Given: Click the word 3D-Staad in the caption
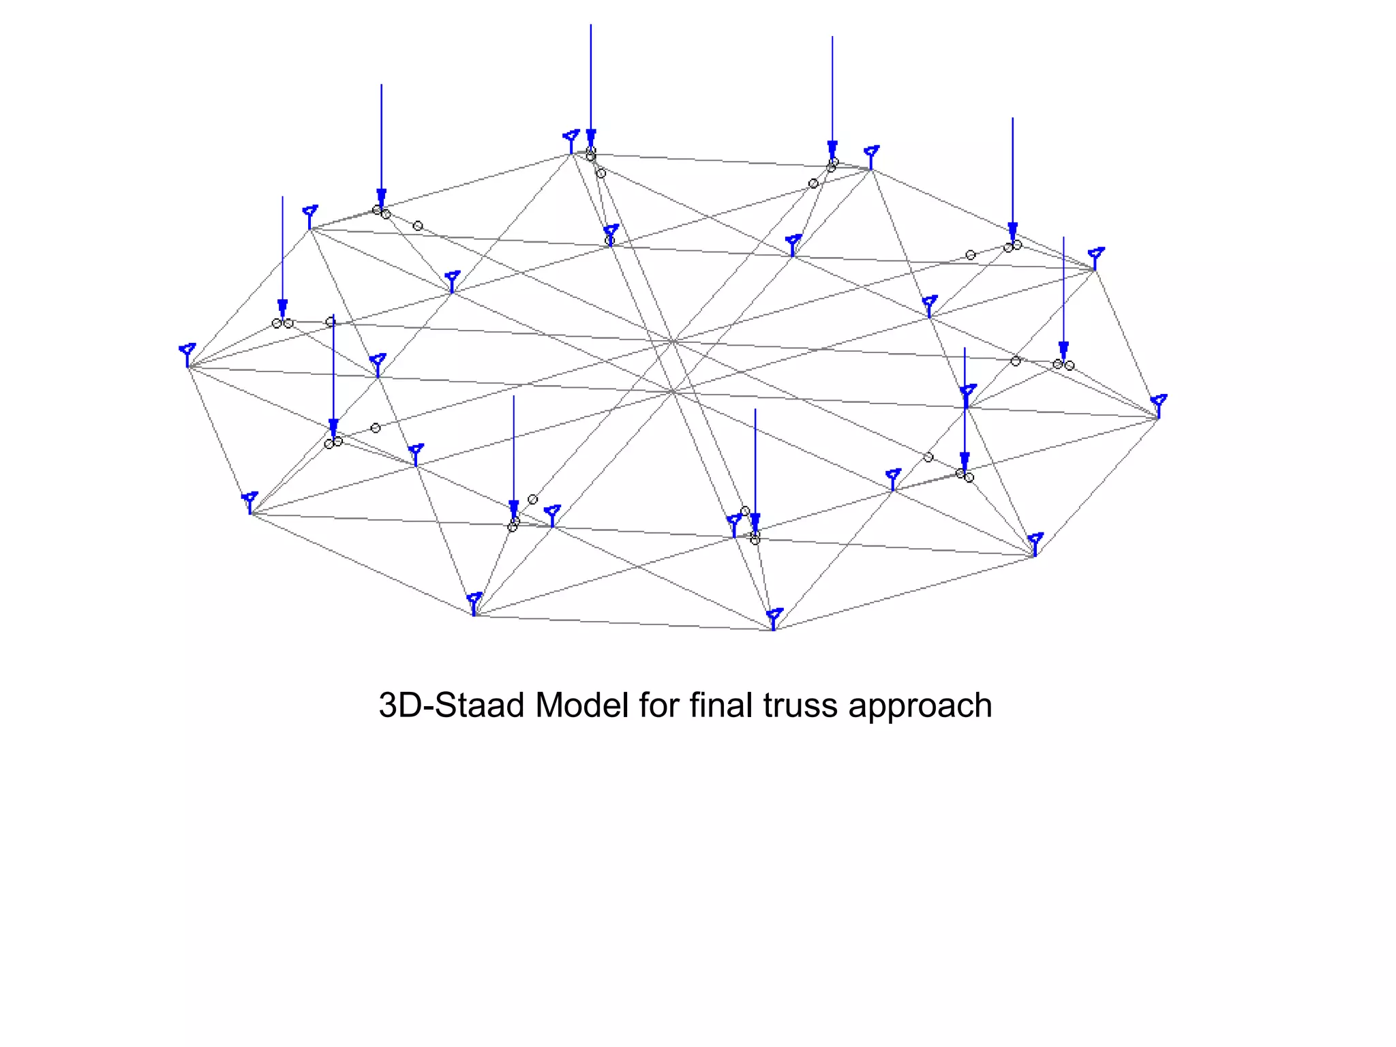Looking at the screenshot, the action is [452, 705].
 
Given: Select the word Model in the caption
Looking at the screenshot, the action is [581, 705].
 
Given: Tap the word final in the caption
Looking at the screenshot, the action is [721, 705].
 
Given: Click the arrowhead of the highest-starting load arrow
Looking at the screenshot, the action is [591, 138].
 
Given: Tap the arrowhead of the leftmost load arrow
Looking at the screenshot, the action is [282, 309].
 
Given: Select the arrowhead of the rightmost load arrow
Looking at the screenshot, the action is [1063, 351].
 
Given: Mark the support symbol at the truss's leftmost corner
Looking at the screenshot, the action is [187, 354].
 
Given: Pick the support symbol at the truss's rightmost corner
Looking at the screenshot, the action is [1159, 406].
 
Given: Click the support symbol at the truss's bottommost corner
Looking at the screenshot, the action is [774, 619].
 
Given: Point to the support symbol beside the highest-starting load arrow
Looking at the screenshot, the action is [571, 141].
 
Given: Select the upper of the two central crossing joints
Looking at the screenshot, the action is [673, 341].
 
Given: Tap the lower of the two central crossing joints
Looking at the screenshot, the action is [673, 391].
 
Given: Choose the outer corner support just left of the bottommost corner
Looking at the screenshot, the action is [474, 604].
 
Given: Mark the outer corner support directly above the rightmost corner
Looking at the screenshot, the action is [1095, 258].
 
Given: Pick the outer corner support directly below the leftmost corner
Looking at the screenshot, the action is [250, 502].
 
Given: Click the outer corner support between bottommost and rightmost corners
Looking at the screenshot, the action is [1035, 545].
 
